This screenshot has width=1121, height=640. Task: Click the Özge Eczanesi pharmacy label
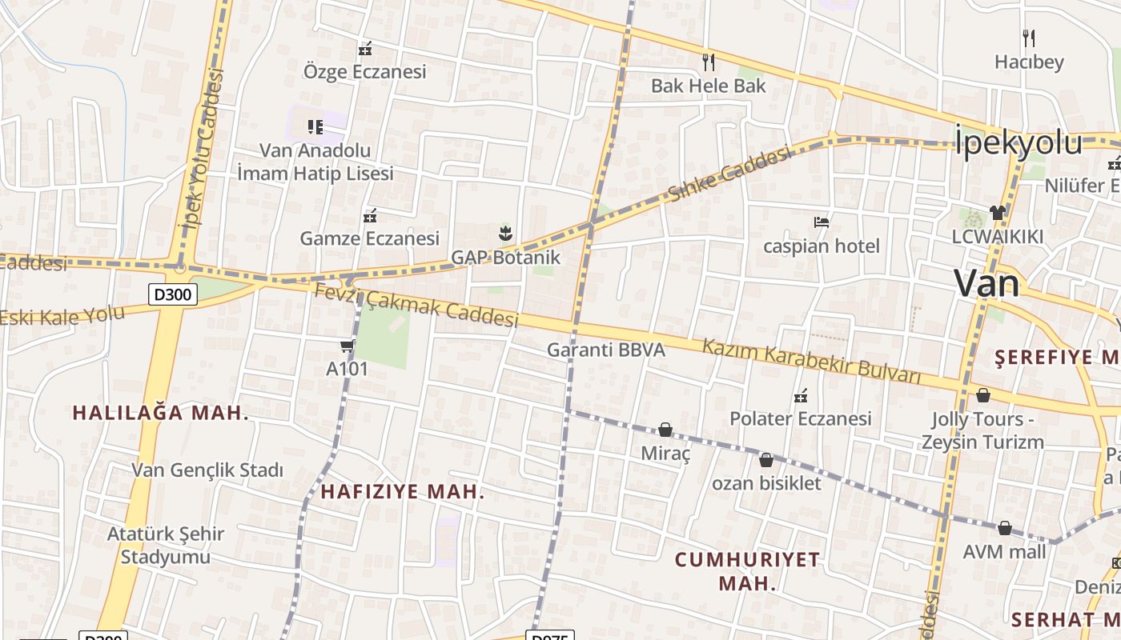click(364, 71)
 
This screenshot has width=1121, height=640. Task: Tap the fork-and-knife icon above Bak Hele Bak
click(708, 62)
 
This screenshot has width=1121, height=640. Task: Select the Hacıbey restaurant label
click(1029, 62)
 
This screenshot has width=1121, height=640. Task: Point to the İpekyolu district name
click(1019, 142)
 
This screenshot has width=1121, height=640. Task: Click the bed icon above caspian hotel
click(821, 222)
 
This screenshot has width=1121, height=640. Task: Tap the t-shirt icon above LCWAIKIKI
click(997, 212)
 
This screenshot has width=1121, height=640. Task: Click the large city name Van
click(986, 283)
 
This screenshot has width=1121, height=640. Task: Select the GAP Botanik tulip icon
click(504, 234)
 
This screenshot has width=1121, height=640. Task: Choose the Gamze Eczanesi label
click(369, 238)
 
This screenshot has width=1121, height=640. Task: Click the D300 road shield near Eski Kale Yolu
click(172, 294)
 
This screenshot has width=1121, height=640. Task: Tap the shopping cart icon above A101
click(347, 346)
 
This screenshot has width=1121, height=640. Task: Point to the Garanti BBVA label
click(605, 350)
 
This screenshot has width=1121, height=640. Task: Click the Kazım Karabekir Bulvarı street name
click(811, 362)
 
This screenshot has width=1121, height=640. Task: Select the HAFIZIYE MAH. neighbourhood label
click(403, 492)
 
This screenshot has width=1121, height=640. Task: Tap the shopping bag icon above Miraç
click(665, 430)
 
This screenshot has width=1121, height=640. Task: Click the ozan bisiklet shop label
click(766, 483)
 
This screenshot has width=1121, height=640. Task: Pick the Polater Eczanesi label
click(800, 418)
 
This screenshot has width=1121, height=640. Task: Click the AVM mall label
click(1004, 552)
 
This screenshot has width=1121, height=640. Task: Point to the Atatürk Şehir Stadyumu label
click(166, 545)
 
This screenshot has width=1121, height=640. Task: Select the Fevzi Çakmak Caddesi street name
click(416, 306)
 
